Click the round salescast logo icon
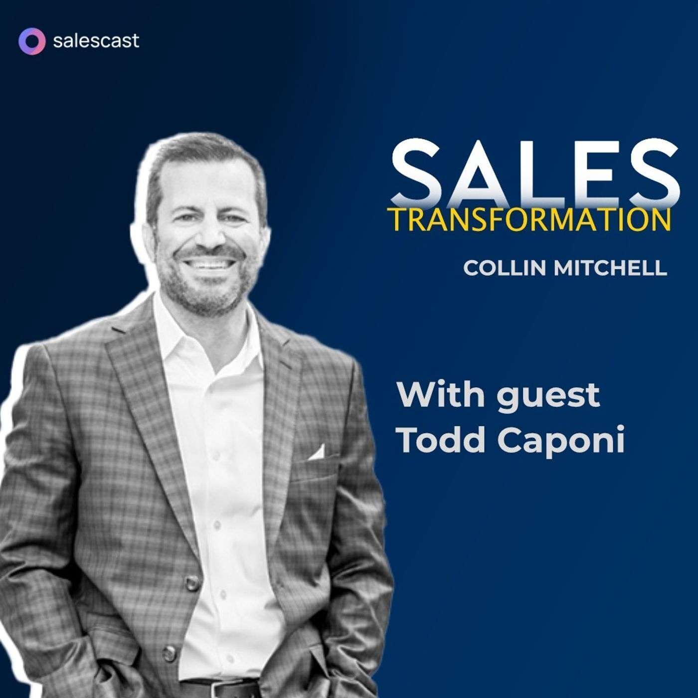tap(32, 41)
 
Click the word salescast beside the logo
tap(96, 41)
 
